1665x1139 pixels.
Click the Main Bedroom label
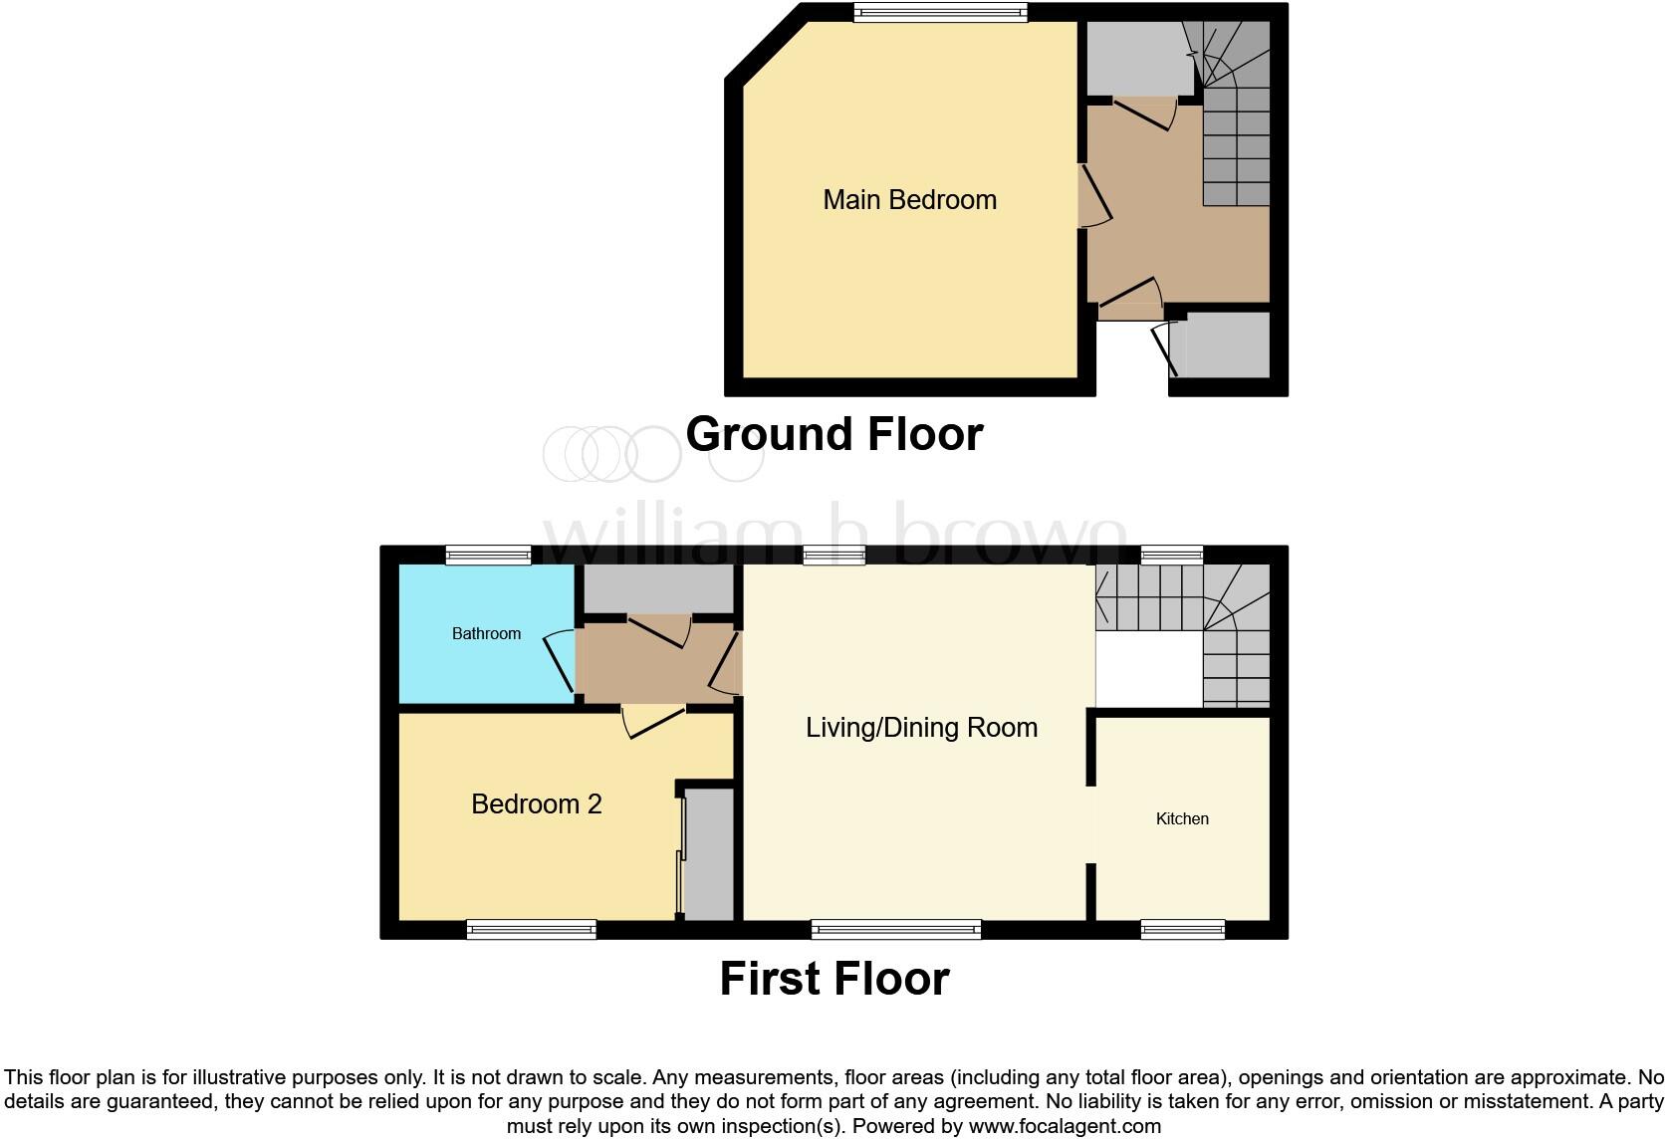pyautogui.click(x=909, y=200)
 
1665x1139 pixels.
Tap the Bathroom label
pyautogui.click(x=486, y=633)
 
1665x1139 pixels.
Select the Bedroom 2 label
pyautogui.click(x=536, y=804)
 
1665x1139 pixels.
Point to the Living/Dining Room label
pyautogui.click(x=921, y=728)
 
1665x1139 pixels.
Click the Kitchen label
pyautogui.click(x=1182, y=818)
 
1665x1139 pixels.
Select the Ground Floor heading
pyautogui.click(x=834, y=434)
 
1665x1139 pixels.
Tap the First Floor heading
pyautogui.click(x=834, y=979)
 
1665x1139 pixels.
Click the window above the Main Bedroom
pyautogui.click(x=940, y=12)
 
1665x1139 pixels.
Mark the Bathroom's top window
pyautogui.click(x=488, y=556)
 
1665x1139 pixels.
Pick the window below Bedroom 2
pyautogui.click(x=531, y=930)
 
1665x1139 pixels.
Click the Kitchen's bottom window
pyautogui.click(x=1183, y=930)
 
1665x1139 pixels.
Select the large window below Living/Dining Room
pyautogui.click(x=896, y=930)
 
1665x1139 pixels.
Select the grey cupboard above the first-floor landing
pyautogui.click(x=657, y=588)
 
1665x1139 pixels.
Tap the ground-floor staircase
pyautogui.click(x=1236, y=129)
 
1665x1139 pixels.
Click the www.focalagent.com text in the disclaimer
pyautogui.click(x=1065, y=1127)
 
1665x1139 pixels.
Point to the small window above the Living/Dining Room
pyautogui.click(x=833, y=556)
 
